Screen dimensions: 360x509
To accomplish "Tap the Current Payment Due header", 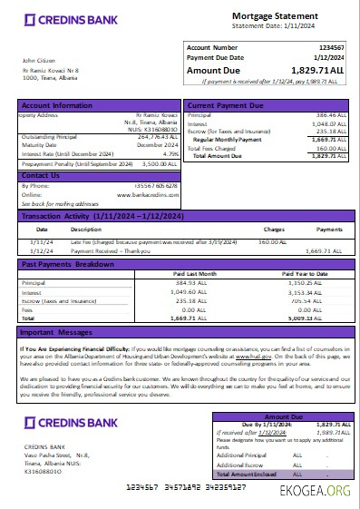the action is click(x=226, y=106).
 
